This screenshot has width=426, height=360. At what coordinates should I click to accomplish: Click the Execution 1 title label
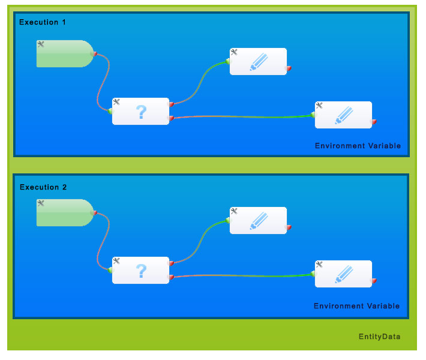pos(43,22)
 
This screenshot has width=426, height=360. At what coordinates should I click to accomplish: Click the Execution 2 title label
pos(43,187)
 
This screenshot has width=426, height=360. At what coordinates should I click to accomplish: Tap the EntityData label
pos(379,337)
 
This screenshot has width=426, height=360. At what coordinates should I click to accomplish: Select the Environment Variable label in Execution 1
pos(358,146)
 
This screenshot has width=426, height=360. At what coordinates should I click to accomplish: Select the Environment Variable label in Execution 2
pos(356,306)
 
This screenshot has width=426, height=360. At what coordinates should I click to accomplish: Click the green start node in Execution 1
pos(64,54)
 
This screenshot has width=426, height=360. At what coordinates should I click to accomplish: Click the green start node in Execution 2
pos(64,213)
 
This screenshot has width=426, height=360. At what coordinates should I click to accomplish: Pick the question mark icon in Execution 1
pos(141,112)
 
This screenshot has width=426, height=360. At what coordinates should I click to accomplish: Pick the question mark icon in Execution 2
pos(141,271)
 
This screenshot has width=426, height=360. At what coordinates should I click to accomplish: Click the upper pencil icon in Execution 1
pos(259,61)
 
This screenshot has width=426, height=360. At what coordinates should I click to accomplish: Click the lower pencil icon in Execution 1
pos(344,115)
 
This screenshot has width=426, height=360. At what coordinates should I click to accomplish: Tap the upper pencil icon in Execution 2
pos(259,220)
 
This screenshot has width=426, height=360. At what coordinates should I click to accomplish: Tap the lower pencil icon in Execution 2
pos(344,274)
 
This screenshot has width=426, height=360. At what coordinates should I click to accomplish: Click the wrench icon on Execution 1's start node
pos(41,44)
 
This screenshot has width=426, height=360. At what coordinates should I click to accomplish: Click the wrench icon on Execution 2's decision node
pos(116,261)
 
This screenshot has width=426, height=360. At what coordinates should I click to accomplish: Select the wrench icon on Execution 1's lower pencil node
pos(319,105)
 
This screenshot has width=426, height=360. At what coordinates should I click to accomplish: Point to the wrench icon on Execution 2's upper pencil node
pos(234,211)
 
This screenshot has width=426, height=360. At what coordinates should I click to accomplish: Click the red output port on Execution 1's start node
pos(94,53)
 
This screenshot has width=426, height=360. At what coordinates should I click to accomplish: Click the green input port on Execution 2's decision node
pos(110,270)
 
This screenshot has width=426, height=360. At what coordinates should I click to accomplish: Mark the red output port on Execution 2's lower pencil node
pos(374,280)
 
